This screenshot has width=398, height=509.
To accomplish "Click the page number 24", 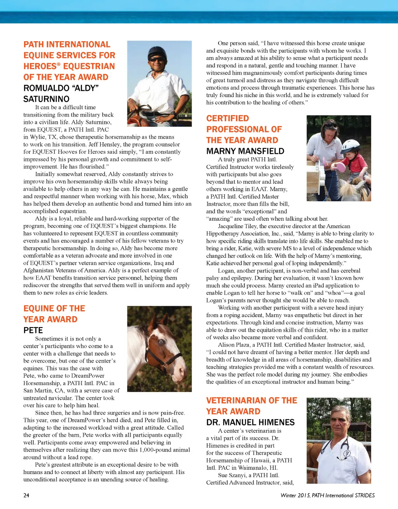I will click(26, 495).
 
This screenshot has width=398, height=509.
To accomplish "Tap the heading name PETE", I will click(33, 330).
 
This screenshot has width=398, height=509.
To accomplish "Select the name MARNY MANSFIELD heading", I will click(245, 151).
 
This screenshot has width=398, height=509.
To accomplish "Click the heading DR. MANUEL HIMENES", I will click(250, 422).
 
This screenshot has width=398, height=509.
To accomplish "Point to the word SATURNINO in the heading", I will click(46, 99).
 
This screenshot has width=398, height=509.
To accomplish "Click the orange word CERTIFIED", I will click(227, 119).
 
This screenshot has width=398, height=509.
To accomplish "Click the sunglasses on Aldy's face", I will click(157, 59).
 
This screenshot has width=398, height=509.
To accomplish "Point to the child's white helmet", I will click(351, 146).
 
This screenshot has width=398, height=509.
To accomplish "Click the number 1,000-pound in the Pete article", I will click(155, 450).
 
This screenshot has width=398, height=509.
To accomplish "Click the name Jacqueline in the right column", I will click(232, 226).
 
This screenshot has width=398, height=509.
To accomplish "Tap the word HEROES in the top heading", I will click(40, 66).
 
